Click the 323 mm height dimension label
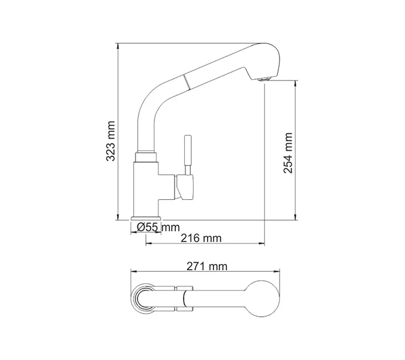point(110,141)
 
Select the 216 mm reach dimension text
point(201,238)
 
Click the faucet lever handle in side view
point(187,153)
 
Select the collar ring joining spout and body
point(147,157)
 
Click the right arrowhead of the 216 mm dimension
point(262,244)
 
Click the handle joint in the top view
point(180,298)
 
